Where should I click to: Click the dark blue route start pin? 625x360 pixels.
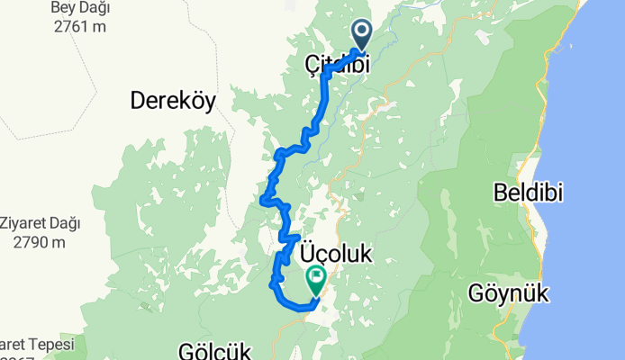click(362, 34)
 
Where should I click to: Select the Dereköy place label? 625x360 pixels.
click(174, 101)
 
